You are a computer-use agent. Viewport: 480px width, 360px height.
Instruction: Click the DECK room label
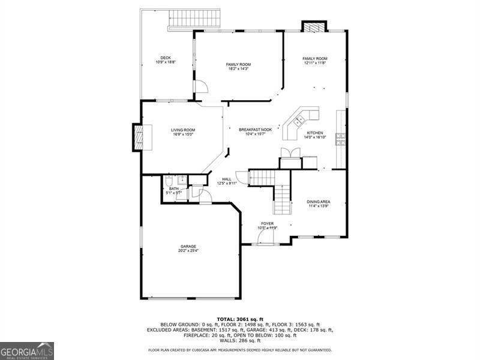(x=165, y=58)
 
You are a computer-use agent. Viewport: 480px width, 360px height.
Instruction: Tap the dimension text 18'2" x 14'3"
(x=238, y=69)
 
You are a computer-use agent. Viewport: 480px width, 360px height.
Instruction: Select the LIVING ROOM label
(x=183, y=130)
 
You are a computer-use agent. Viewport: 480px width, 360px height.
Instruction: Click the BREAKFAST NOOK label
(x=255, y=130)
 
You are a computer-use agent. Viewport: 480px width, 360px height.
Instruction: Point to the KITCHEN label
(x=315, y=133)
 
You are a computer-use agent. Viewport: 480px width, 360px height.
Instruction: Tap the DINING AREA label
(x=318, y=202)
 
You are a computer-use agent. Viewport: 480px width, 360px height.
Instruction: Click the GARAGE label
(x=188, y=246)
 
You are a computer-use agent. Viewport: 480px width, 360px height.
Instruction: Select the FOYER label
(x=267, y=223)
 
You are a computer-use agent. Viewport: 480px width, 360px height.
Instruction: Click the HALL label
(x=227, y=179)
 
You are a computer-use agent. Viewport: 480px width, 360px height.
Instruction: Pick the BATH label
(x=173, y=188)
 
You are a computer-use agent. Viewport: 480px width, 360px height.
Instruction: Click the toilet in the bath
(x=170, y=180)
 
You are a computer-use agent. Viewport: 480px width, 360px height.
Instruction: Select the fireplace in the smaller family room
(x=313, y=26)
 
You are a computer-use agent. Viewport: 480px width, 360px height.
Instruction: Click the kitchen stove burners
(x=340, y=140)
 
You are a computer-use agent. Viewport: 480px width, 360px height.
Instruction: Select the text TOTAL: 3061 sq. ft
(x=239, y=319)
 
